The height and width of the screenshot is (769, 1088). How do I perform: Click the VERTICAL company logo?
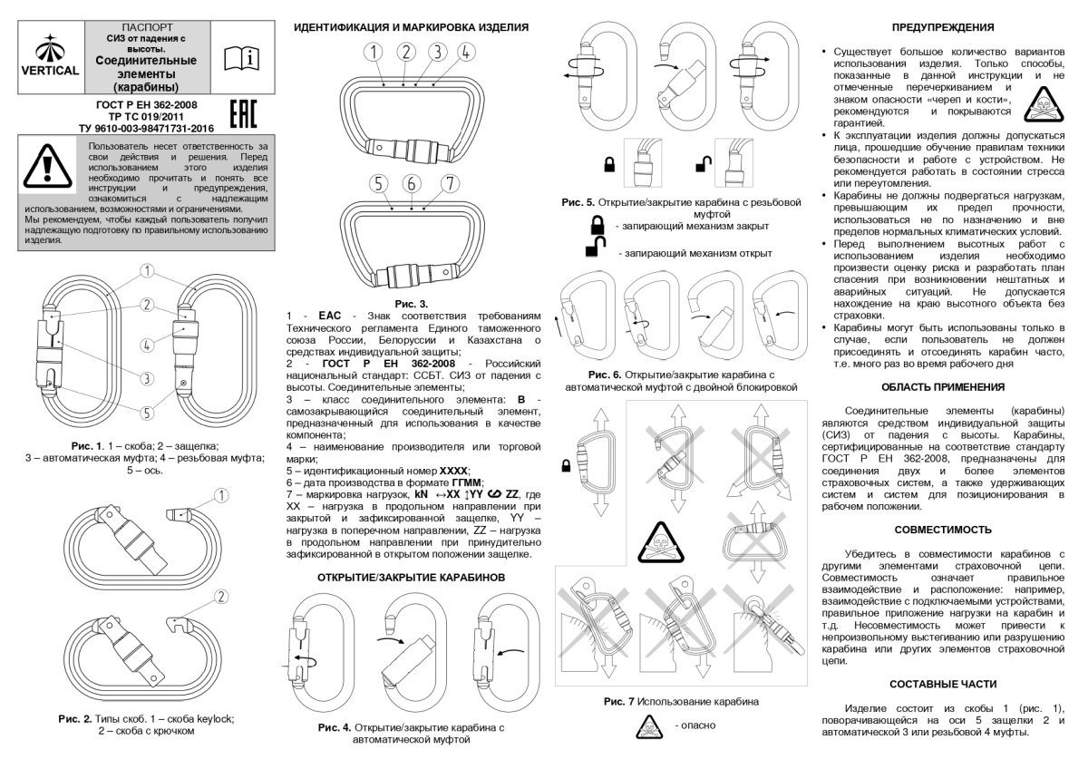[x=49, y=56]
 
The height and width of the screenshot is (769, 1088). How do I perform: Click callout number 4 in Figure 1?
[x=146, y=344]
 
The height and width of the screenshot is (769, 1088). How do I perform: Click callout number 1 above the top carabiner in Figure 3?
[x=373, y=52]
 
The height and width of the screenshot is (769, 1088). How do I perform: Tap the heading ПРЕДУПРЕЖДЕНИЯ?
[x=943, y=27]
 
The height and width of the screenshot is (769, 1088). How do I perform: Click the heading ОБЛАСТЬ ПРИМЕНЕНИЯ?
[x=943, y=386]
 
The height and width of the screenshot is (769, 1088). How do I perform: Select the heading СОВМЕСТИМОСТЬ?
[x=943, y=529]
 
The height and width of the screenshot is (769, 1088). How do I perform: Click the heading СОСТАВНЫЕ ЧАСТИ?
[x=943, y=683]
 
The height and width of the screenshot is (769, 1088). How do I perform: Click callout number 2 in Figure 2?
[x=219, y=596]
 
